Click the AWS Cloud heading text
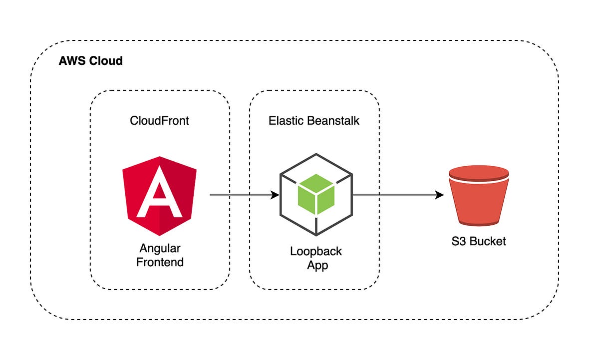90,61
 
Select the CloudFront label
159,120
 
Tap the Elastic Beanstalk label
313,120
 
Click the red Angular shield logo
159,195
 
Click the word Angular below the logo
160,248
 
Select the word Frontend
160,262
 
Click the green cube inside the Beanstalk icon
315,193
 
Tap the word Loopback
315,251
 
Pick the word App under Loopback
317,265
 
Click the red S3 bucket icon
479,197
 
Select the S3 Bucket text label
478,242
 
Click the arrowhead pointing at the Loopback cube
275,195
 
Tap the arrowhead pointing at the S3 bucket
439,195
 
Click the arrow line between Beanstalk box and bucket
394,195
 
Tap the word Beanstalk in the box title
334,120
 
